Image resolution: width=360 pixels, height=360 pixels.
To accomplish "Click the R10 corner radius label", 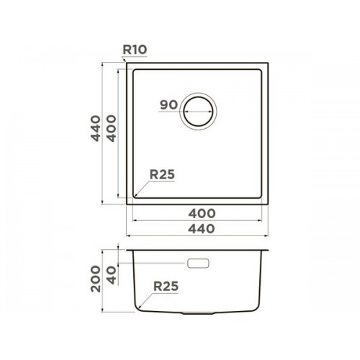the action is click(135, 50).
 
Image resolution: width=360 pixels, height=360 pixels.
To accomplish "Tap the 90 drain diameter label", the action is click(169, 105).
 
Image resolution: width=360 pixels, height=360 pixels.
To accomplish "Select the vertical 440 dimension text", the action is click(96, 128).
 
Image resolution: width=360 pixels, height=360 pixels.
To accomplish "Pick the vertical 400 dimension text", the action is click(111, 128).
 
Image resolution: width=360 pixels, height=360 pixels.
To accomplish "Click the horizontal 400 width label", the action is click(202, 214).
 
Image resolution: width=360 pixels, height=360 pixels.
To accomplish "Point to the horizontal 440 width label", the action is click(202, 229).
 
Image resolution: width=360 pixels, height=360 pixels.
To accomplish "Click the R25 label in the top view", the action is click(162, 174).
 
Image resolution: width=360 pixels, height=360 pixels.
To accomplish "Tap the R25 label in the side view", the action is click(166, 286).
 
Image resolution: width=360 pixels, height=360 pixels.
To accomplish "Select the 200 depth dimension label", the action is click(96, 279).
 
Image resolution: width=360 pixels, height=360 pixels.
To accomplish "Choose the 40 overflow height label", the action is click(111, 276).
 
